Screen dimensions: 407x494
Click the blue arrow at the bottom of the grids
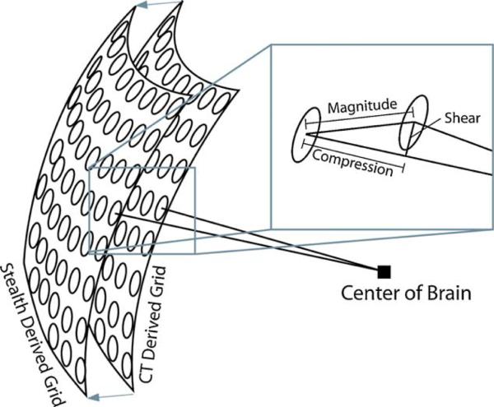[x=107, y=398]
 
